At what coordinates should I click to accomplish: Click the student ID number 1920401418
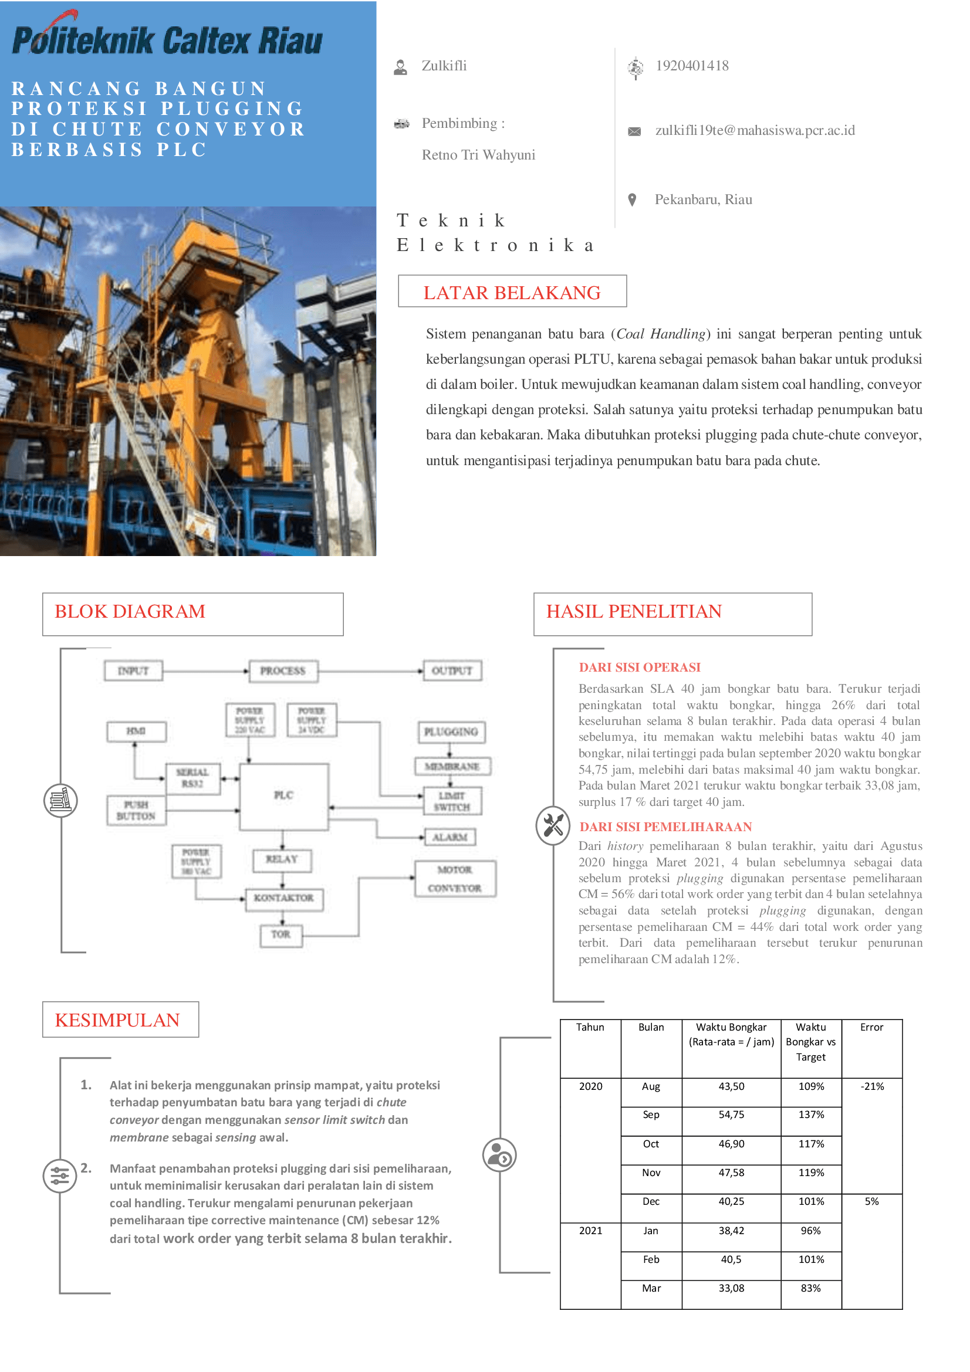pyautogui.click(x=691, y=66)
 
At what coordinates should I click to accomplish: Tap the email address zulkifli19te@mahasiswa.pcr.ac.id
pyautogui.click(x=755, y=130)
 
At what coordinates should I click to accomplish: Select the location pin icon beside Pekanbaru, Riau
pyautogui.click(x=632, y=199)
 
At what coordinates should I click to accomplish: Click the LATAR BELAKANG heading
pyautogui.click(x=512, y=292)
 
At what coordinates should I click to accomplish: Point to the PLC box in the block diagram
pyautogui.click(x=284, y=795)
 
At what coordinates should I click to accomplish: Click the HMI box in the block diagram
pyautogui.click(x=136, y=731)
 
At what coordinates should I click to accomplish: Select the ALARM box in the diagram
pyautogui.click(x=449, y=837)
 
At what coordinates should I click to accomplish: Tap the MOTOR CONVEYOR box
pyautogui.click(x=455, y=879)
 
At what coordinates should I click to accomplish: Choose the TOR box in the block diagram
pyautogui.click(x=281, y=934)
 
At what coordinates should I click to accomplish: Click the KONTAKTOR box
pyautogui.click(x=284, y=898)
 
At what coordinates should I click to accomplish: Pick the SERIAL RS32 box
pyautogui.click(x=192, y=778)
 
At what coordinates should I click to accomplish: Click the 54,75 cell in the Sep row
pyautogui.click(x=731, y=1115)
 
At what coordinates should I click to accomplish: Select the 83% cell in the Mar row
pyautogui.click(x=810, y=1289)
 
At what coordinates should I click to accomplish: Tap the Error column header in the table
pyautogui.click(x=871, y=1028)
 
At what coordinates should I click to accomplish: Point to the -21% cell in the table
pyautogui.click(x=872, y=1087)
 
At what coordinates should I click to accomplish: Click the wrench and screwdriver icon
pyautogui.click(x=553, y=826)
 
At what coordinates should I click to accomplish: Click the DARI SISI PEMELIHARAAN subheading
pyautogui.click(x=665, y=827)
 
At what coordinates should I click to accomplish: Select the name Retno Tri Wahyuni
pyautogui.click(x=478, y=155)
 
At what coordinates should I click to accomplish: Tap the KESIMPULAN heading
pyautogui.click(x=118, y=1021)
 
